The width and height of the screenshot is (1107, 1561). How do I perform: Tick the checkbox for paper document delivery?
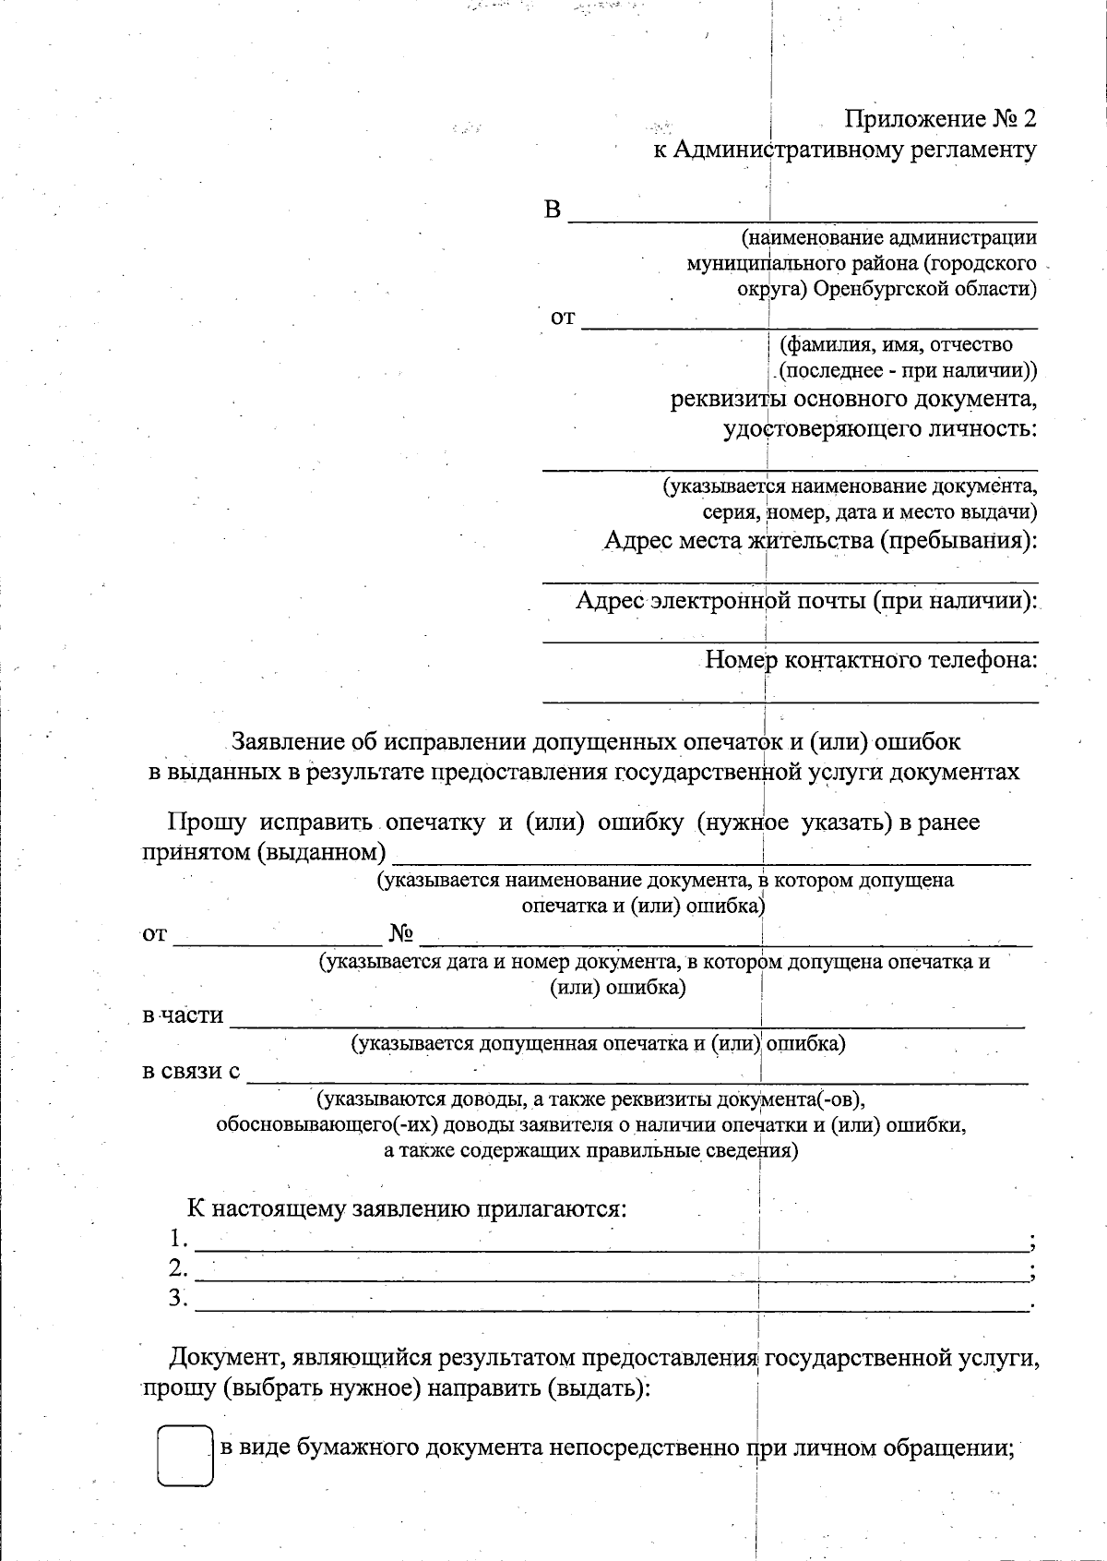pos(184,1456)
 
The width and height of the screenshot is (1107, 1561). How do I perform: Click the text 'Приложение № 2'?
pos(941,119)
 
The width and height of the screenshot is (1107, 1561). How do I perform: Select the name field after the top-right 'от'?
pos(809,321)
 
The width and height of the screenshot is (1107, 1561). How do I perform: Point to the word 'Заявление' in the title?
pos(289,741)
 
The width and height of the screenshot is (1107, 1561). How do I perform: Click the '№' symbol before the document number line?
pos(400,934)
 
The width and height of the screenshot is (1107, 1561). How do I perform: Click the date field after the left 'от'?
pos(277,939)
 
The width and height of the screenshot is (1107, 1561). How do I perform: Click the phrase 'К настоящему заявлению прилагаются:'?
pos(407,1208)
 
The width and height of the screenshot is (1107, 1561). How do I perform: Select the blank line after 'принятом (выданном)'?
pos(710,857)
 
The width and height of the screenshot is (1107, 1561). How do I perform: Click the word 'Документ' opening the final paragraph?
pos(222,1358)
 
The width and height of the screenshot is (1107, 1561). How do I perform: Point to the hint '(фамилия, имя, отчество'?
pos(896,345)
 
